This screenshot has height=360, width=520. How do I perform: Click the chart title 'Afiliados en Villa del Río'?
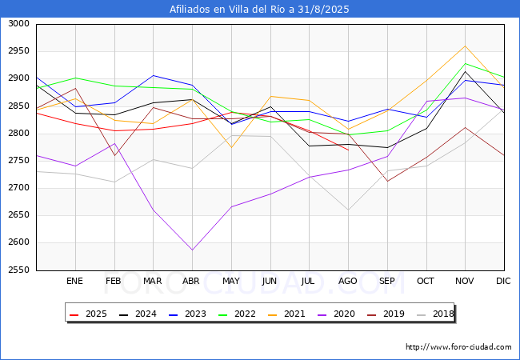[x=259, y=10]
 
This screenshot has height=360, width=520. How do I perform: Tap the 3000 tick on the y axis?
[x=18, y=24]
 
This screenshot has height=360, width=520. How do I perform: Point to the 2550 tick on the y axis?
[x=18, y=270]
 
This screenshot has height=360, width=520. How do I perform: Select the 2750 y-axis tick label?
[x=18, y=161]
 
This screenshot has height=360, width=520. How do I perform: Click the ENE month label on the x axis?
[x=74, y=281]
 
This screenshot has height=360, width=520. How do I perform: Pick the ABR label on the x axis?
[x=191, y=281]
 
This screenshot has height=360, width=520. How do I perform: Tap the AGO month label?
[x=348, y=281]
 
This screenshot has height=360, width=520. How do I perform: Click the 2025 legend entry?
[x=87, y=314]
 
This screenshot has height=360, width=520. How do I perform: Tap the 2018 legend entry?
[x=437, y=314]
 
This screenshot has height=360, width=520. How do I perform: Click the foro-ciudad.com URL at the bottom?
[x=458, y=347]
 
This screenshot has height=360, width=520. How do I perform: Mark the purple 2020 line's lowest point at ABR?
[x=192, y=250]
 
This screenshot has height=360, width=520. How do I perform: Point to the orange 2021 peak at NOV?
[x=465, y=46]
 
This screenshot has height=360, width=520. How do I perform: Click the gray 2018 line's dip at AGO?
[x=348, y=210]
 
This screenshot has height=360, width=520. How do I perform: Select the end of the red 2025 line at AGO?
[x=348, y=150]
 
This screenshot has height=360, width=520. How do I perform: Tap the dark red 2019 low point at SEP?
[x=387, y=181]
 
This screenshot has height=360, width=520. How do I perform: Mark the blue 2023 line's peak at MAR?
[x=153, y=75]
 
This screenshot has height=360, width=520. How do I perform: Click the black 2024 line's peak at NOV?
[x=465, y=71]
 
